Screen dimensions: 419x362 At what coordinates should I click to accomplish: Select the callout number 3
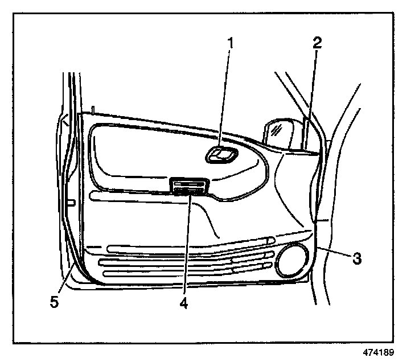pyautogui.click(x=356, y=258)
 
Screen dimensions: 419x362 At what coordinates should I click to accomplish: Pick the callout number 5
pyautogui.click(x=54, y=302)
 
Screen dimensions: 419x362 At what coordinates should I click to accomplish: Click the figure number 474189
pyautogui.click(x=377, y=352)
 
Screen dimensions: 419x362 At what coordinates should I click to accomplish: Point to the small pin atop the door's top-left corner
pyautogui.click(x=92, y=109)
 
